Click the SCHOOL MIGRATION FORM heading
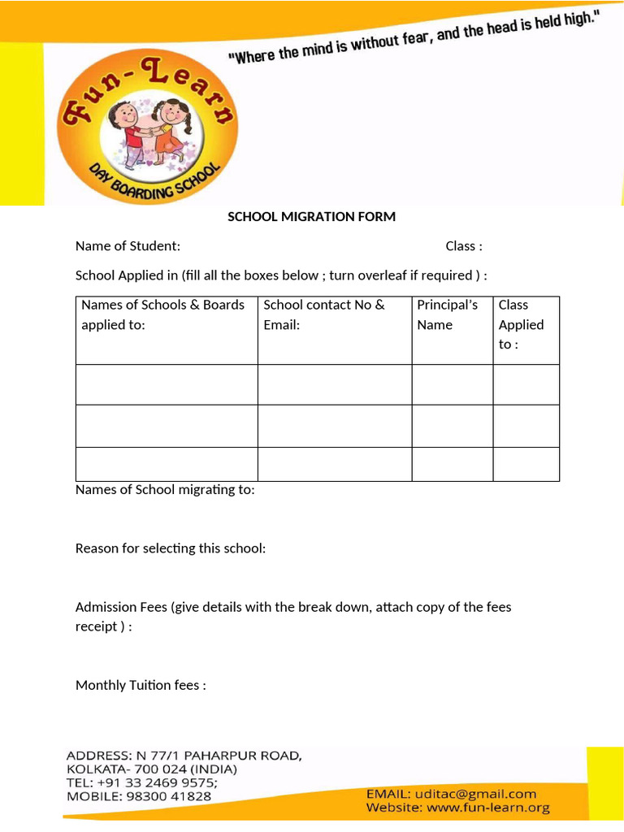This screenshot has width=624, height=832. [x=311, y=216]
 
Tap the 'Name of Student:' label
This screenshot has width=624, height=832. [x=128, y=246]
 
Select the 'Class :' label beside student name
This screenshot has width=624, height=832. [x=463, y=246]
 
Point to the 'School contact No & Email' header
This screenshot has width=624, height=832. [x=323, y=314]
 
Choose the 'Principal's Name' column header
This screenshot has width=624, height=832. [x=447, y=314]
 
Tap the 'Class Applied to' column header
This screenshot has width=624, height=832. [x=521, y=324]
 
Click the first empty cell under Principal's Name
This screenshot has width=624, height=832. [x=452, y=384]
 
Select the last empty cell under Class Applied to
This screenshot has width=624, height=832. [x=526, y=464]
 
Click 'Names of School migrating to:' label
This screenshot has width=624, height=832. [x=165, y=490]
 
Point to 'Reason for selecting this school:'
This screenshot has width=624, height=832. [x=171, y=548]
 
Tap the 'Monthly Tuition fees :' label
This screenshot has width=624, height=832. [x=141, y=685]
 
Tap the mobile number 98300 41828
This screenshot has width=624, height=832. [x=168, y=796]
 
